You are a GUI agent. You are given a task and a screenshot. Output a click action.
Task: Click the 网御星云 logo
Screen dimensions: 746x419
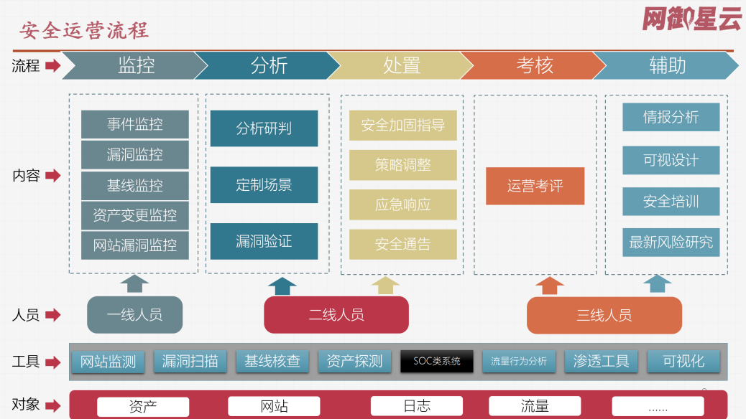pyautogui.click(x=692, y=19)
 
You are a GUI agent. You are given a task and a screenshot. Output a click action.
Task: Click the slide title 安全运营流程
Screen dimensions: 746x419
pyautogui.click(x=84, y=31)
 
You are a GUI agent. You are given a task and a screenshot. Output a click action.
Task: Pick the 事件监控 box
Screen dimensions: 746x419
pyautogui.click(x=135, y=124)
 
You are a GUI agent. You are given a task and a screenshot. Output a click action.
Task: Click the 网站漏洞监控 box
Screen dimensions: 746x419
pyautogui.click(x=135, y=245)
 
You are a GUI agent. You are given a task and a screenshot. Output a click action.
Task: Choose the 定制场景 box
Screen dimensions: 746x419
pyautogui.click(x=264, y=185)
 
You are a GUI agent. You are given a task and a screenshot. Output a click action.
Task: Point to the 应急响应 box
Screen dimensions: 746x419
pyautogui.click(x=403, y=204)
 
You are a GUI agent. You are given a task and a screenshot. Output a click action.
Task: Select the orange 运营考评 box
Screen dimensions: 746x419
pyautogui.click(x=535, y=186)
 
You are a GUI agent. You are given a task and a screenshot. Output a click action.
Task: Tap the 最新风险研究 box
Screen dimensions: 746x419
pyautogui.click(x=671, y=243)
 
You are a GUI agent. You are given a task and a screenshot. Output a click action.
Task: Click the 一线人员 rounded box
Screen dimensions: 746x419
pyautogui.click(x=134, y=314)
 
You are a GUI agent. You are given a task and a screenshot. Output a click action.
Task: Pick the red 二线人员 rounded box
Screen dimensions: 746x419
pyautogui.click(x=336, y=314)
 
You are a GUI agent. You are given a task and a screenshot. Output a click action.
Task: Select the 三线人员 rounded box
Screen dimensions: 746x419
pyautogui.click(x=604, y=315)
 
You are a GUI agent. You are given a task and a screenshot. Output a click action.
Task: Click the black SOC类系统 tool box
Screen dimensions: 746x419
pyautogui.click(x=437, y=361)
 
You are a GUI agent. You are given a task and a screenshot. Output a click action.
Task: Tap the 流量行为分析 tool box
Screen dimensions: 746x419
pyautogui.click(x=519, y=361)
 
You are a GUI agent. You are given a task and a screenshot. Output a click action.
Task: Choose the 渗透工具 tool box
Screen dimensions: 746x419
pyautogui.click(x=602, y=361)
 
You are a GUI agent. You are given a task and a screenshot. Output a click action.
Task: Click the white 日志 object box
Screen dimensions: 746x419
pyautogui.click(x=417, y=406)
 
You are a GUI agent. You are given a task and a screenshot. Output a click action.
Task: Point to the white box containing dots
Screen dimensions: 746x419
pyautogui.click(x=658, y=406)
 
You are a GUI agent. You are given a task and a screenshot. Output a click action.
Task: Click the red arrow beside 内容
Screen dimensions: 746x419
pyautogui.click(x=52, y=176)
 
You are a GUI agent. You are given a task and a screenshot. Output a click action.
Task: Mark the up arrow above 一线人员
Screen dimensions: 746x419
pyautogui.click(x=134, y=283)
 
